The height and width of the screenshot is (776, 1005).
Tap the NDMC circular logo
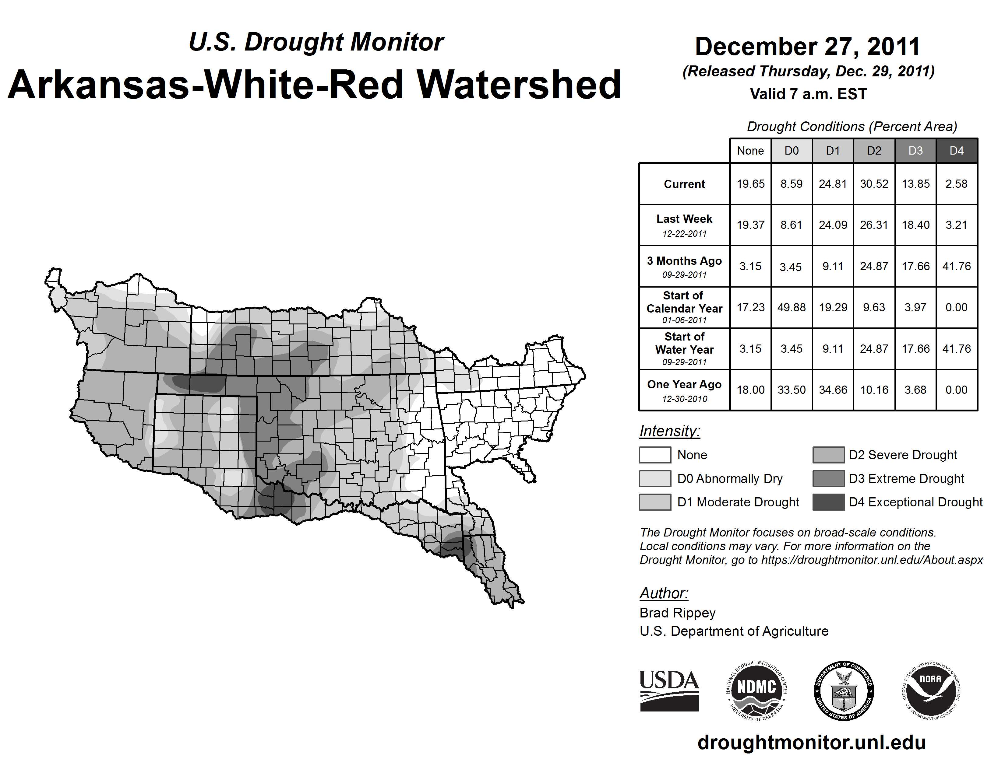coord(756,691)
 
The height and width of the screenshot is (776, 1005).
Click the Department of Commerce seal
coord(844,691)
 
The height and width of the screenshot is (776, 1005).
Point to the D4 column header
coord(956,151)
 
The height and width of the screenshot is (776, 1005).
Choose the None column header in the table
coord(750,151)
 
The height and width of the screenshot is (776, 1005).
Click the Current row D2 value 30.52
coord(874,184)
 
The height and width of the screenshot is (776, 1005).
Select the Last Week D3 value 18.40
coord(915,225)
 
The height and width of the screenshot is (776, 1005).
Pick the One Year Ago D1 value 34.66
coord(833,390)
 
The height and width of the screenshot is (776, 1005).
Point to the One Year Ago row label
coord(684,390)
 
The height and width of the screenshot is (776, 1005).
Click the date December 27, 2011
coord(808,47)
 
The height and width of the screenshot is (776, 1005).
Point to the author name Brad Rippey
coord(677,613)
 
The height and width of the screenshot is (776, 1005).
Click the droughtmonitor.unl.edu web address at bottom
coord(811,743)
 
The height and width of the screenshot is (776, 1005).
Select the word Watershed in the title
coord(519,85)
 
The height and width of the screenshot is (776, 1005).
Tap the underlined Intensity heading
coord(669,431)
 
